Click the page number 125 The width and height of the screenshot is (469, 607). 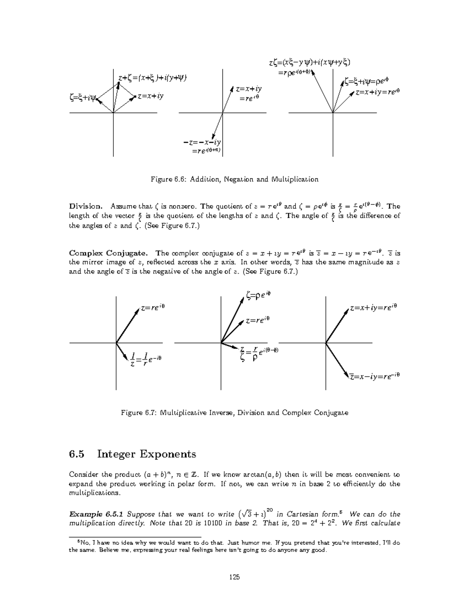pyautogui.click(x=234, y=577)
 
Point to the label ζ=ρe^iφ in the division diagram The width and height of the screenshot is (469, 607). pyautogui.click(x=258, y=296)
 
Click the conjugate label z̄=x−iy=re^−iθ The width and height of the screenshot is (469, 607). pyautogui.click(x=375, y=376)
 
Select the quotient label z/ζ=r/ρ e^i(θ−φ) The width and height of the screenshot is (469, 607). pyautogui.click(x=260, y=353)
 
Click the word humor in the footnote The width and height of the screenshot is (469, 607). pyautogui.click(x=253, y=543)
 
